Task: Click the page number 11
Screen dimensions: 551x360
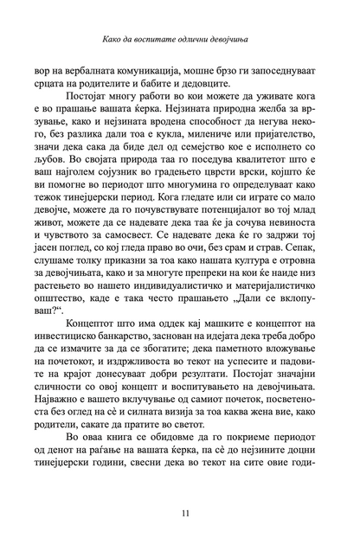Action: tap(180, 514)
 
